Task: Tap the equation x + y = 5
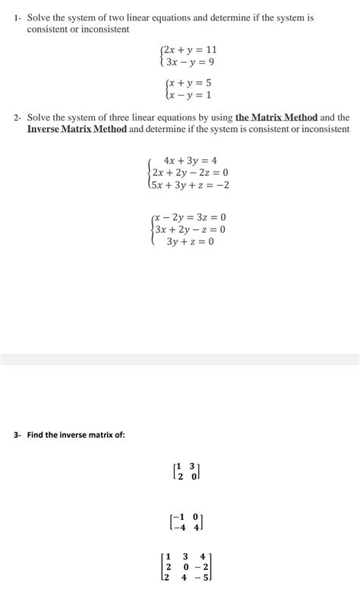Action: click(190, 83)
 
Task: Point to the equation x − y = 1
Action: click(190, 96)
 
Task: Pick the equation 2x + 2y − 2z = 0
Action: click(190, 172)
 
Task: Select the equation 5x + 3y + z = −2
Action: click(190, 184)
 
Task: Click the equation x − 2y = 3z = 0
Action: click(190, 217)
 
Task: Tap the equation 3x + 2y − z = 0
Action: click(190, 229)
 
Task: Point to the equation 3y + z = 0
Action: click(190, 241)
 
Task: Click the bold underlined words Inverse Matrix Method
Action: click(77, 130)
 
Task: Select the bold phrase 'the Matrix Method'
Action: click(276, 118)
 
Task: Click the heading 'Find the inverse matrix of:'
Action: click(71, 435)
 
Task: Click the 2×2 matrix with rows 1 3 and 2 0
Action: click(186, 471)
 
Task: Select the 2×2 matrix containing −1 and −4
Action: click(185, 522)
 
